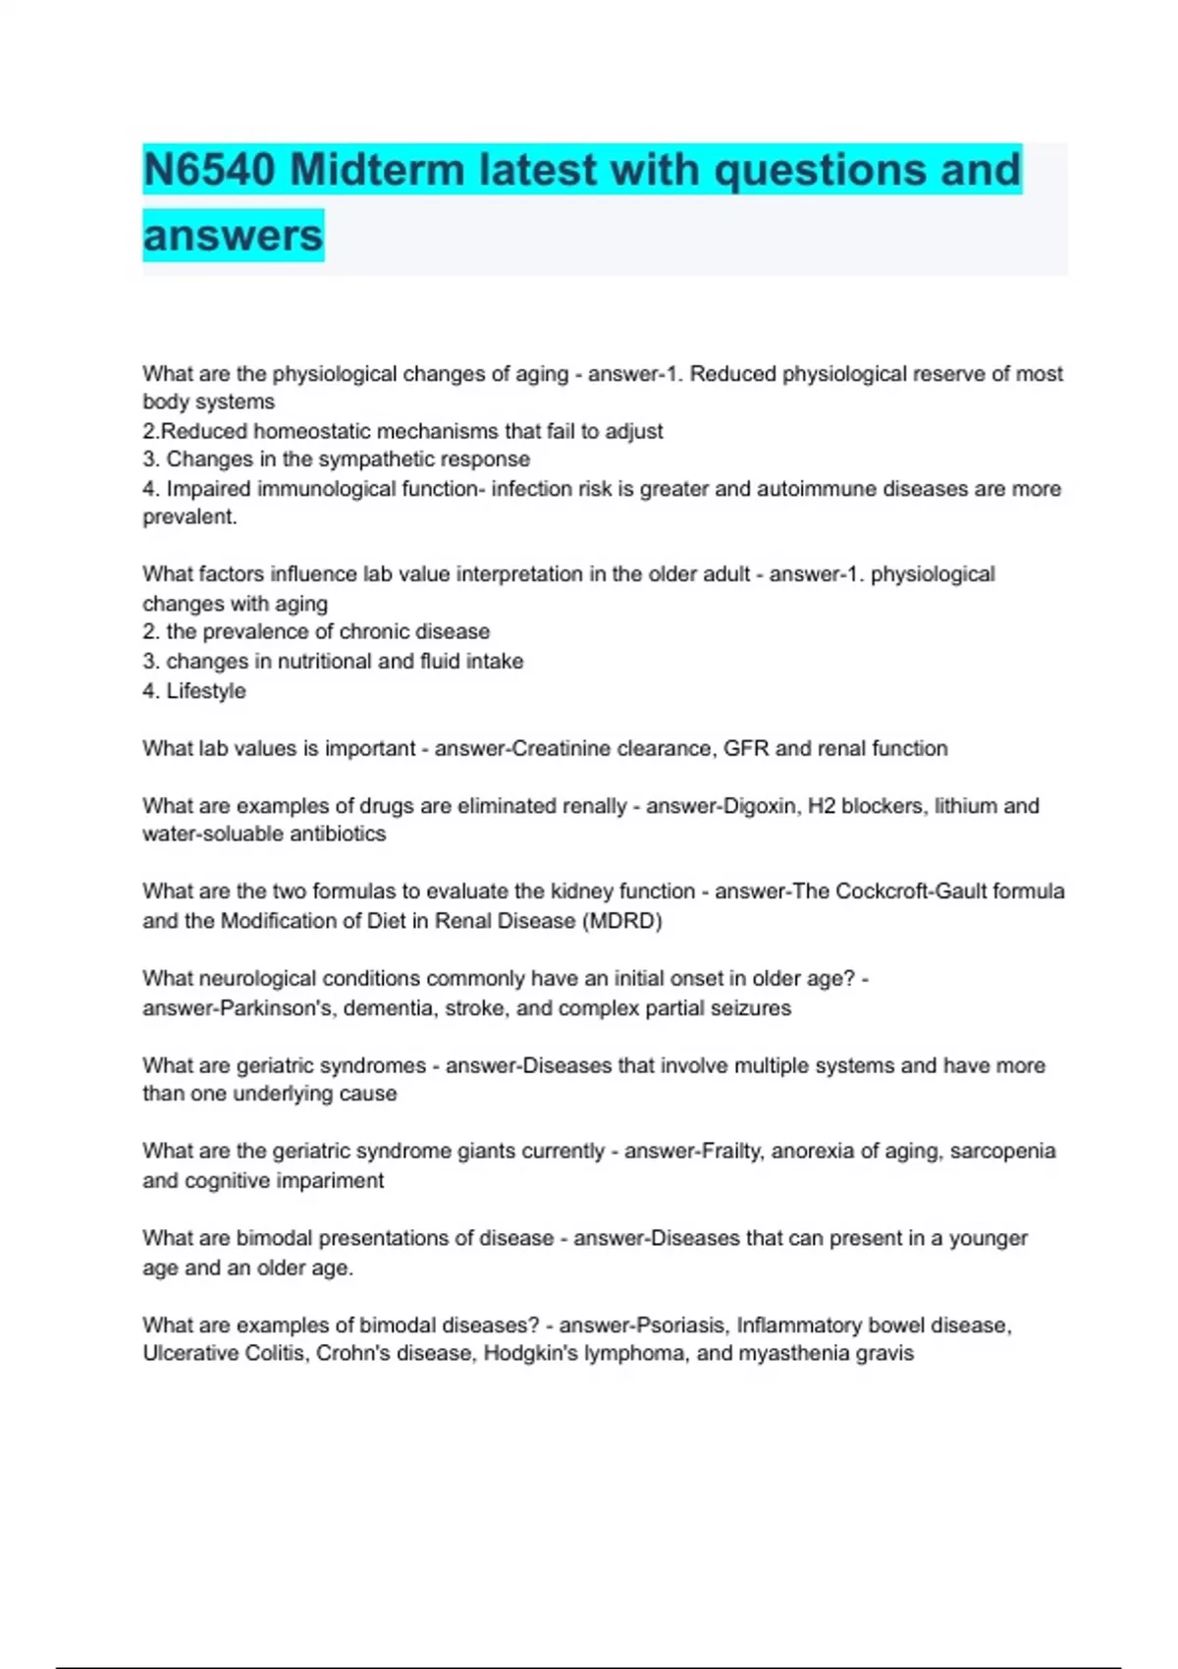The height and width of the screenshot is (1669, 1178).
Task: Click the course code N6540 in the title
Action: [208, 170]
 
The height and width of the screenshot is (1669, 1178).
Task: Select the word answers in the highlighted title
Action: [233, 236]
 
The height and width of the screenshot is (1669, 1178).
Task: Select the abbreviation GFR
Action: [746, 748]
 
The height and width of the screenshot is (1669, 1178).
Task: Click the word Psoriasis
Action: [681, 1325]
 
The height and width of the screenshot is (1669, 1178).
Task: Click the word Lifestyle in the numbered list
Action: [206, 691]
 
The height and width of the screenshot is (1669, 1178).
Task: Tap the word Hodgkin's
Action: [529, 1354]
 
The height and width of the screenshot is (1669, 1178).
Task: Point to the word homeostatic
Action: [311, 431]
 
